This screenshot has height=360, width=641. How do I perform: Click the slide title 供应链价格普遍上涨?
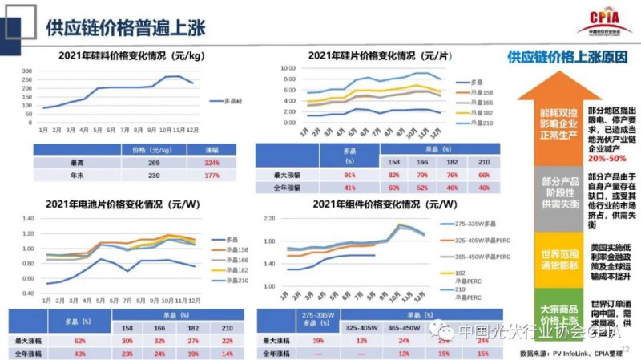(x=125, y=27)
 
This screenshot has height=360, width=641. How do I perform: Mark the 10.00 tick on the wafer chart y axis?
(x=288, y=69)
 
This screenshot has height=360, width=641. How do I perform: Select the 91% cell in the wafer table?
(x=349, y=175)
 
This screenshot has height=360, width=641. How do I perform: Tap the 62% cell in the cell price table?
(x=80, y=342)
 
